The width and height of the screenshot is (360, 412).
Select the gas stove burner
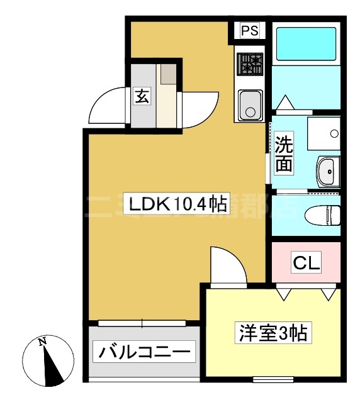(x=249, y=64)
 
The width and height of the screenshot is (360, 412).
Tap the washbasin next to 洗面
(x=326, y=170)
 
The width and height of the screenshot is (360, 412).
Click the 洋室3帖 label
(x=271, y=332)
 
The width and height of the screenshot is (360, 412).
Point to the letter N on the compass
(x=42, y=342)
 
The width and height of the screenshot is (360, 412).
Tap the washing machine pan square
(x=322, y=131)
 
